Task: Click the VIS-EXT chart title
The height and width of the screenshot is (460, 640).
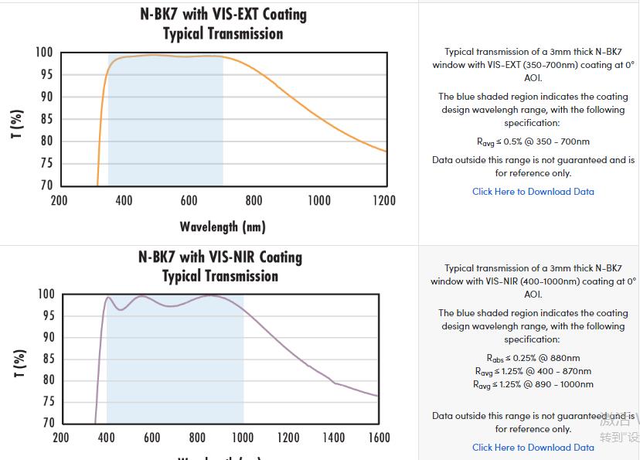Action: point(223,24)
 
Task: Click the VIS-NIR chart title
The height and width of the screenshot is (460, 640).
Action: point(220,266)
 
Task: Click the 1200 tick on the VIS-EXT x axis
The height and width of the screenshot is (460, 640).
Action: point(383,201)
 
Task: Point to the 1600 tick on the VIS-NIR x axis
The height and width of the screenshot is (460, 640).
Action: point(379,438)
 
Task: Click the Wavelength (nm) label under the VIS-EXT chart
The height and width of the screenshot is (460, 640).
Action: point(223,227)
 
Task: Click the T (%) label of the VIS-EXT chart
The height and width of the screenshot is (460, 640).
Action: point(17,124)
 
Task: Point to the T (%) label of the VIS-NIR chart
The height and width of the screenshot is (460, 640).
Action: point(19,363)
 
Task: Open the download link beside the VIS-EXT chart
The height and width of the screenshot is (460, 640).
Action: point(533,192)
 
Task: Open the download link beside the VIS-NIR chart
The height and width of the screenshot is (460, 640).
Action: point(533,447)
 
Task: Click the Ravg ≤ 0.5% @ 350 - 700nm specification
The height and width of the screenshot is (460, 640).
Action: point(533,141)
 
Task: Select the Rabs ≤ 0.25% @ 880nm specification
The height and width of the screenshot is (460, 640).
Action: point(533,358)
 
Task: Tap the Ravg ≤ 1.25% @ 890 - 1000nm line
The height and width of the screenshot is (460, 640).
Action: point(533,384)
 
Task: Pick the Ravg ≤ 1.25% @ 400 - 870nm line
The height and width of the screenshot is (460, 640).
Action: point(533,371)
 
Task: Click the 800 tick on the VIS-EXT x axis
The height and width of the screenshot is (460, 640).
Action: point(254,201)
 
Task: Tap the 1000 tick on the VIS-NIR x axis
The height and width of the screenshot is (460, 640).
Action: point(243,438)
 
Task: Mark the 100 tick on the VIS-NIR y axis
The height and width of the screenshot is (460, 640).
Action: point(46,295)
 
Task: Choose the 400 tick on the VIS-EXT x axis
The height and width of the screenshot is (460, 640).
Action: point(124,201)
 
